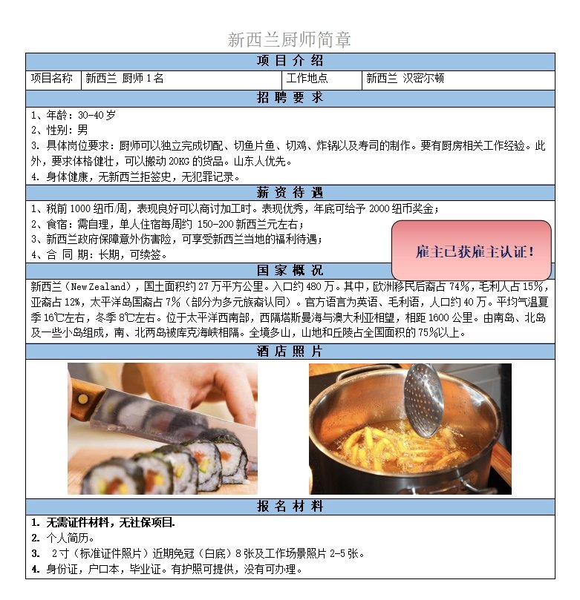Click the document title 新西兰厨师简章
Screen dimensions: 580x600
click(x=289, y=39)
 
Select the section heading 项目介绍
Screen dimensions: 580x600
click(x=290, y=61)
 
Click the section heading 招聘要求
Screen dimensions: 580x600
click(x=290, y=98)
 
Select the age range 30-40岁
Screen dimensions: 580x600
click(x=97, y=115)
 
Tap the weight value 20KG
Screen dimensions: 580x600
click(x=179, y=161)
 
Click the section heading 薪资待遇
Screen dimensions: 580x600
click(x=290, y=193)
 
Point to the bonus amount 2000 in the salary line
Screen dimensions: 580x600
click(x=379, y=208)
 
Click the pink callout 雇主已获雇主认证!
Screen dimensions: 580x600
click(x=471, y=250)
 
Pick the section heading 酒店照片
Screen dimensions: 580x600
click(x=290, y=351)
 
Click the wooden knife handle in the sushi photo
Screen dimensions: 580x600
click(x=86, y=400)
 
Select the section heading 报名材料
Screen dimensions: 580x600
click(x=290, y=507)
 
